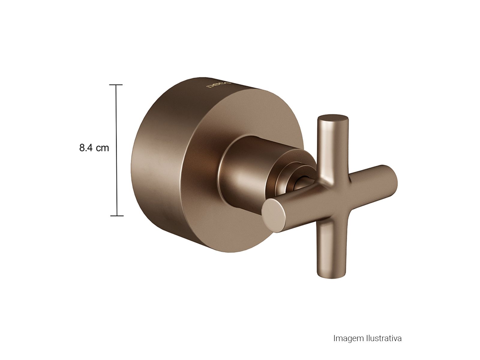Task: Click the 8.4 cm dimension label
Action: [x=94, y=148]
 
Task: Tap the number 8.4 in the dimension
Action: [x=86, y=148]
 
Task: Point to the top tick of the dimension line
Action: [x=116, y=85]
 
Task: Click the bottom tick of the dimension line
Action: [x=117, y=216]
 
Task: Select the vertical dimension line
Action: [x=116, y=150]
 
